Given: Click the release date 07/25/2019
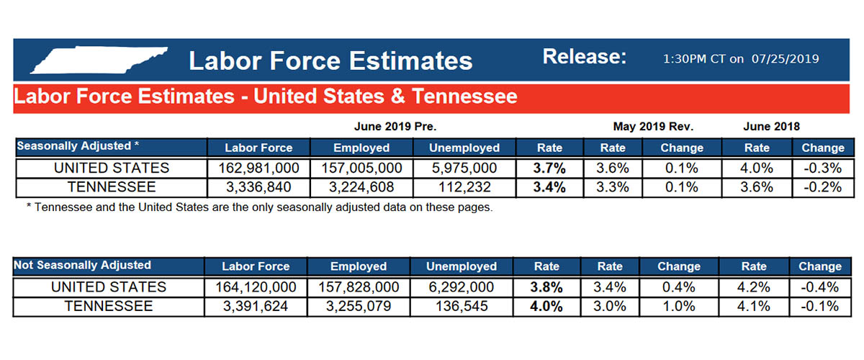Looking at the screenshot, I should pos(786,59).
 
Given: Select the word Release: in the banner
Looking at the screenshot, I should pos(584,56).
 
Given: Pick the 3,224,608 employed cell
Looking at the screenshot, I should pos(361,187).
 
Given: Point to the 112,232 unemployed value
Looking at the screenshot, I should pos(464,187).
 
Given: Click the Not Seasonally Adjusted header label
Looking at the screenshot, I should pos(84,265).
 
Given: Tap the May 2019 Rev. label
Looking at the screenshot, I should pos(653,127).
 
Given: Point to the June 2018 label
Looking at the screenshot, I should pos(771,127).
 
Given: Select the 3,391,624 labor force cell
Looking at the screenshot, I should pos(256,306).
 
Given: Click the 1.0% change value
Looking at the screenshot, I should pos(678,306).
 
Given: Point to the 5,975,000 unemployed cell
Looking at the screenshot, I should pos(464,168).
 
